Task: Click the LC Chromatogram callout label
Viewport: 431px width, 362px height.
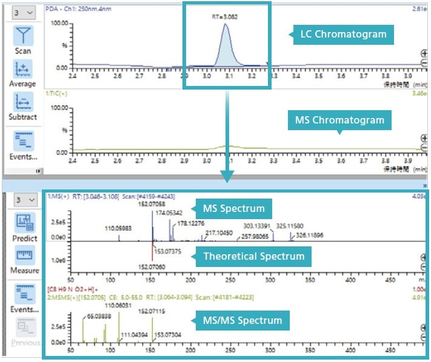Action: coord(343,34)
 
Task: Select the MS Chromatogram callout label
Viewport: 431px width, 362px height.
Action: coord(339,120)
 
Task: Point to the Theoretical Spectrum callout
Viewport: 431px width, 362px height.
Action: coord(253,256)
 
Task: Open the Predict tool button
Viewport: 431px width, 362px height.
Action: coord(24,226)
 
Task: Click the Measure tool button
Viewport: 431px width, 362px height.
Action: coord(24,258)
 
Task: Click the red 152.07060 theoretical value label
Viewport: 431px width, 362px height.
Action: coord(152,266)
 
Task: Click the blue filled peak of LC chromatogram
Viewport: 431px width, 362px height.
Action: coord(225,51)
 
